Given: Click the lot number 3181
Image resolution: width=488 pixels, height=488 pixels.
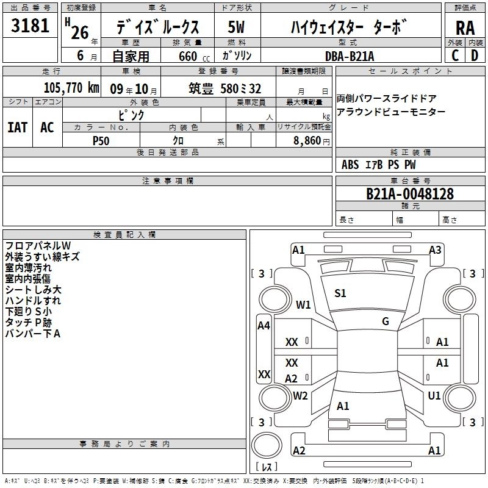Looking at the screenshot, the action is coord(30,26).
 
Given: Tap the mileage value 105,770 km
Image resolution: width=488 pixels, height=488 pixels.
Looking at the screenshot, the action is coord(71,88).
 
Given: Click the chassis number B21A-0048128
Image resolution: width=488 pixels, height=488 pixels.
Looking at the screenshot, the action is coord(410,194).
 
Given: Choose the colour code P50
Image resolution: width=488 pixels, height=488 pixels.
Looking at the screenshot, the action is coord(101,140).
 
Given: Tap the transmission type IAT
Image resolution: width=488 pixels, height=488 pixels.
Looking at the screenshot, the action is coord(17,127).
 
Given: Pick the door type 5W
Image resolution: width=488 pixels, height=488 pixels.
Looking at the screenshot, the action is coord(236,27).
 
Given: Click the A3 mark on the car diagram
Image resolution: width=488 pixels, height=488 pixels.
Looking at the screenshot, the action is coord(435,249).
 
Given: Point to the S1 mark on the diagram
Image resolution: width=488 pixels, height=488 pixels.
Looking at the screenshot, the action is coord(340,293).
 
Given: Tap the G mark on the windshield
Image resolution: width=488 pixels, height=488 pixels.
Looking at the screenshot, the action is coord(386,321).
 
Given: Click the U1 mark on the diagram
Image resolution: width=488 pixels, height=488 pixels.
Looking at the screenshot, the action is coord(434,396).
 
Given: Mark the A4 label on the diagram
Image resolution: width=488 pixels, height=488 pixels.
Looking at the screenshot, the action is coord(264,326).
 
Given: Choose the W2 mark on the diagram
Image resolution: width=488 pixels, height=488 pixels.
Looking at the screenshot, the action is coord(300,396).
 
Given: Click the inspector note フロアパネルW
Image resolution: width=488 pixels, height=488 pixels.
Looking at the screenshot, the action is coord(38,246).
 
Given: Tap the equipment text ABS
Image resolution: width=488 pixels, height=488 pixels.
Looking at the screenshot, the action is coord(350,165).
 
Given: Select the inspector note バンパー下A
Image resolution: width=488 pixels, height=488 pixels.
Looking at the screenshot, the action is coord(33,334).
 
